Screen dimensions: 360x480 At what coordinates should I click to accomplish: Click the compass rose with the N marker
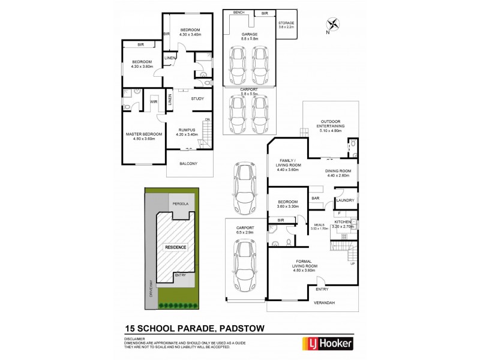click(x=333, y=25)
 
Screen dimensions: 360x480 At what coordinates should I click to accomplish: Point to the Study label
click(x=197, y=98)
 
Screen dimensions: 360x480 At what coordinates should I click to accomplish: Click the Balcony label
click(x=190, y=164)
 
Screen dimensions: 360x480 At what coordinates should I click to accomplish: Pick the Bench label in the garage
click(x=238, y=12)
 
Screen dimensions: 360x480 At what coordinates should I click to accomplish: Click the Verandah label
click(x=323, y=302)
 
